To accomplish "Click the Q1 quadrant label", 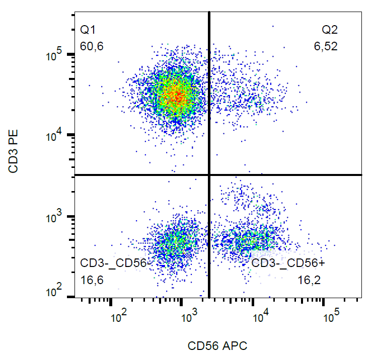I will [x=87, y=30].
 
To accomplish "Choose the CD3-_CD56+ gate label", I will [x=288, y=263].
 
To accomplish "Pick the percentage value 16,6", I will [x=92, y=280].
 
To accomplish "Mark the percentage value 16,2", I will [x=309, y=280].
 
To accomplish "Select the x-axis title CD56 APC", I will [x=217, y=346].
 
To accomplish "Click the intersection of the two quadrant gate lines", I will [x=209, y=175].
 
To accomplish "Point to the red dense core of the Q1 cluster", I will [x=174, y=95].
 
